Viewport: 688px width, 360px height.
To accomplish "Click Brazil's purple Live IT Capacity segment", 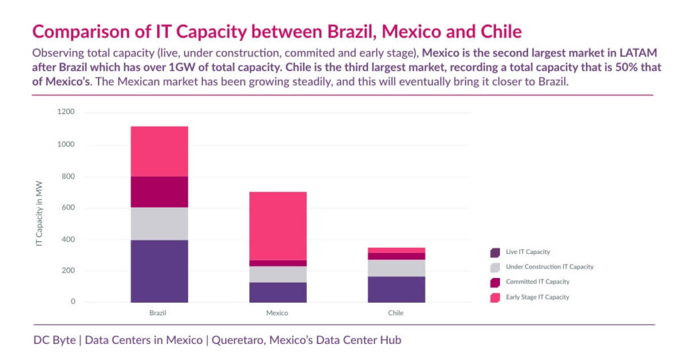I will [x=159, y=271].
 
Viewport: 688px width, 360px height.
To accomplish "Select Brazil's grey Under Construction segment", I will [x=159, y=223].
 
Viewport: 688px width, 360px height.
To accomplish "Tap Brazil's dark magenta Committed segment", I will [x=159, y=191].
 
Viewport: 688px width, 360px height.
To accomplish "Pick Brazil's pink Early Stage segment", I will [x=159, y=151].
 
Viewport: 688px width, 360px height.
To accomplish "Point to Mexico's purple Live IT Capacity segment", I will [x=277, y=292].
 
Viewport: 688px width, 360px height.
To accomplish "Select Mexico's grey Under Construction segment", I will [x=277, y=274].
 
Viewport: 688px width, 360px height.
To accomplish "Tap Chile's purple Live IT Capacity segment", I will [x=396, y=289].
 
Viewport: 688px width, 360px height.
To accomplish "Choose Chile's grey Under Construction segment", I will [x=396, y=268].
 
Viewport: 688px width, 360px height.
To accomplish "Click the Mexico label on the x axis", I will [x=277, y=314].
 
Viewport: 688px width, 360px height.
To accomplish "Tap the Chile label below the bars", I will [x=396, y=314].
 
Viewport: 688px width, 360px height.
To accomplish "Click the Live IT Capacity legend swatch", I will [x=495, y=253].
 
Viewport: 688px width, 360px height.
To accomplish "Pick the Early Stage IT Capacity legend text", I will [x=537, y=297].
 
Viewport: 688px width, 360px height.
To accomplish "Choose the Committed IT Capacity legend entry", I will [x=537, y=282].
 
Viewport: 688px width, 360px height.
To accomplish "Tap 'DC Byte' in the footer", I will [x=54, y=341].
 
